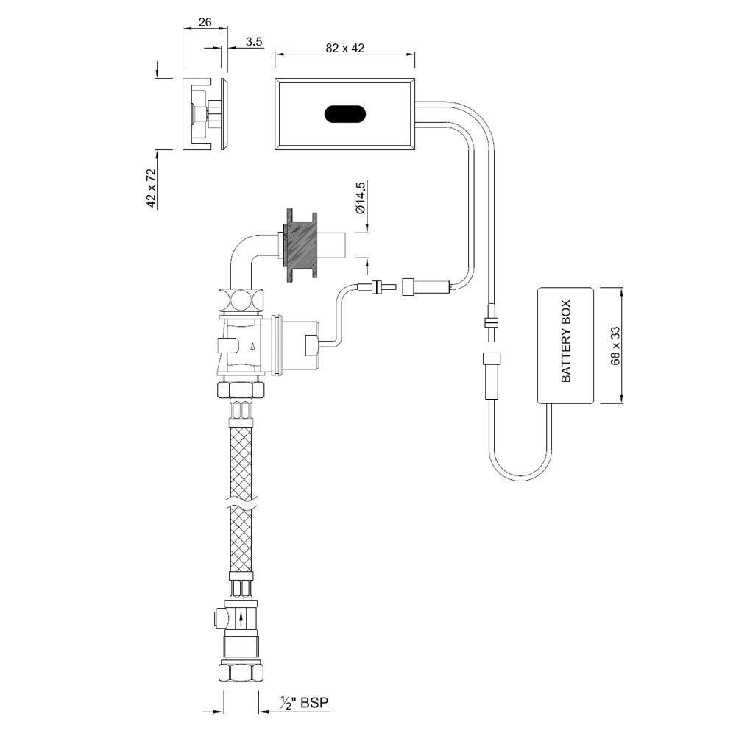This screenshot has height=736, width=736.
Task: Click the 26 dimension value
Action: pyautogui.click(x=205, y=23)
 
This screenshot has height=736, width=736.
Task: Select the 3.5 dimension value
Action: pyautogui.click(x=254, y=42)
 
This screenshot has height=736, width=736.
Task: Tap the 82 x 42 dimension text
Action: pyautogui.click(x=344, y=47)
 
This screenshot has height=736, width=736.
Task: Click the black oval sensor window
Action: pyautogui.click(x=344, y=114)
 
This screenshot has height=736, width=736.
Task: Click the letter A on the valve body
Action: pyautogui.click(x=253, y=345)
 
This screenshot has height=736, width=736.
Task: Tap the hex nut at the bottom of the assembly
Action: pyautogui.click(x=241, y=672)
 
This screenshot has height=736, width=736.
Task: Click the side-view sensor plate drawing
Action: pyautogui.click(x=205, y=114)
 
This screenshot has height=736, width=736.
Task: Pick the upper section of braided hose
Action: pyautogui.click(x=241, y=449)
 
